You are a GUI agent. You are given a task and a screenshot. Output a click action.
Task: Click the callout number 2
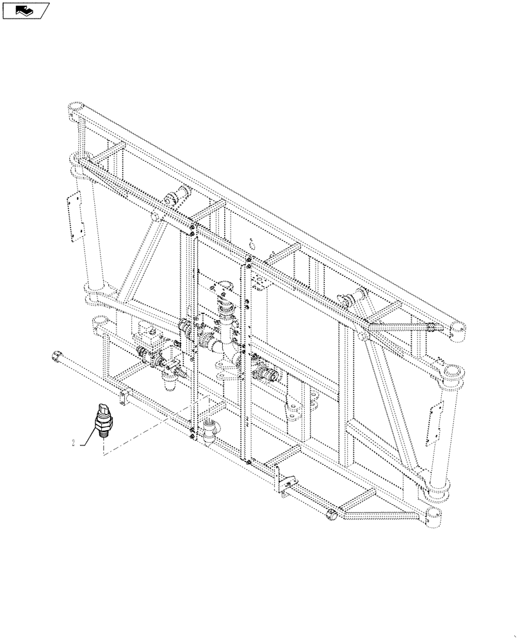(75, 442)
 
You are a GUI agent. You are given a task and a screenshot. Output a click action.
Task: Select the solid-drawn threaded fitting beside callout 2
(102, 419)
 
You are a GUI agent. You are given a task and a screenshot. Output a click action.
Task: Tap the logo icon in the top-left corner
(25, 10)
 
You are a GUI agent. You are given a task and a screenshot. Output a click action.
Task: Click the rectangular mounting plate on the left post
(76, 214)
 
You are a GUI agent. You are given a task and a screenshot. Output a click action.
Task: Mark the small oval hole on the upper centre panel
(252, 243)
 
